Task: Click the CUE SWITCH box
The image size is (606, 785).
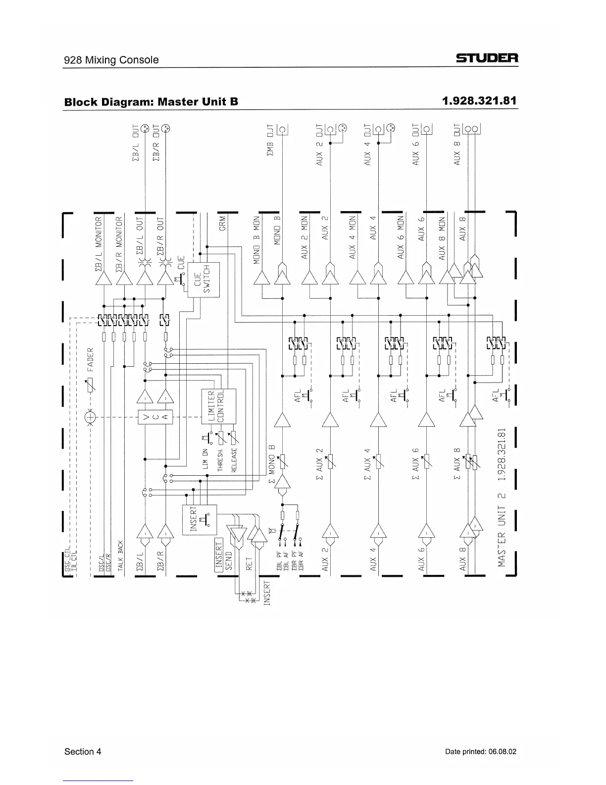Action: tap(203, 279)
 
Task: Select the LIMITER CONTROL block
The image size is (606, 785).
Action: tap(218, 406)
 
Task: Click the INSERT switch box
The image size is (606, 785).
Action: tap(200, 519)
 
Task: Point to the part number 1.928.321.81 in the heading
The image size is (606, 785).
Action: tap(479, 101)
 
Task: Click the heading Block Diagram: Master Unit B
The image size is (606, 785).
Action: tap(151, 102)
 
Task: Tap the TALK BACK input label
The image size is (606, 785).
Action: tap(120, 555)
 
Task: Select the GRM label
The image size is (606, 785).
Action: tap(222, 223)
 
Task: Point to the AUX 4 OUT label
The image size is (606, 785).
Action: tap(367, 144)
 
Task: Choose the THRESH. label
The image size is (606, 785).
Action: tap(220, 460)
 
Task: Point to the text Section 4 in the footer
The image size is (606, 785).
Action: tap(83, 751)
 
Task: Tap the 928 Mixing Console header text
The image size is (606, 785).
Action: tap(111, 60)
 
